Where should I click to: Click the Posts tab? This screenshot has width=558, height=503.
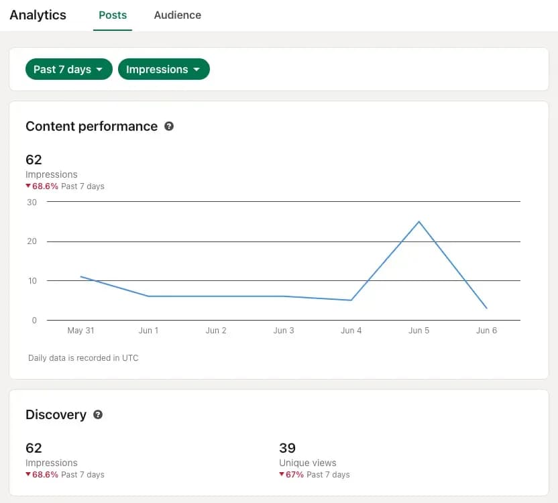113,15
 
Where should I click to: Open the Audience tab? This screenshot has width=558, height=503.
177,15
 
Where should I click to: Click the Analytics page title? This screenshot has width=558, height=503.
38,15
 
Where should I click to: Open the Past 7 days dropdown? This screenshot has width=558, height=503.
68,69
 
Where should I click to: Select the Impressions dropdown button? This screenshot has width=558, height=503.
164,69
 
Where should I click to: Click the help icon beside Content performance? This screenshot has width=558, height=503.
169,126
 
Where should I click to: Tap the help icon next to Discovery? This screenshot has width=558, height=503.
98,414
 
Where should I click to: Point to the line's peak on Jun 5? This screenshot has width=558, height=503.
419,221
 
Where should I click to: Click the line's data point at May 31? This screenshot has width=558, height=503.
80,276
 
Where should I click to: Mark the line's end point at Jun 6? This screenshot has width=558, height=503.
486,309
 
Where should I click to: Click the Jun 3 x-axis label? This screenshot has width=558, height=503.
284,331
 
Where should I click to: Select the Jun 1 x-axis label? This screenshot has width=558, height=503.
148,331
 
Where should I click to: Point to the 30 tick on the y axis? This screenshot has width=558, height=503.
32,202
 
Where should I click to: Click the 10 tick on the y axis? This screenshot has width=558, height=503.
32,281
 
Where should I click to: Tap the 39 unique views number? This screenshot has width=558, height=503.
287,448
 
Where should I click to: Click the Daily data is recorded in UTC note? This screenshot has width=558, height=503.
83,358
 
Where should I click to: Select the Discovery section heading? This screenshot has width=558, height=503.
56,414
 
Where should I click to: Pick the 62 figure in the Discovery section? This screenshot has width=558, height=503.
34,448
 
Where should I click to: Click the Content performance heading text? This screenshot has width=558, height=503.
91,126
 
